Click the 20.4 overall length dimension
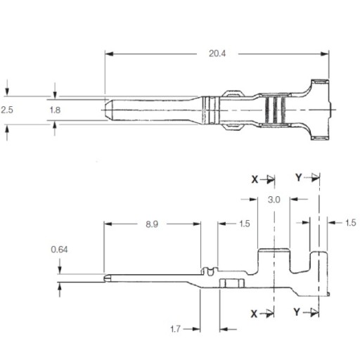click(x=217, y=53)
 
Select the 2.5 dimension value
click(x=7, y=110)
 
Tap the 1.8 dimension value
click(x=55, y=110)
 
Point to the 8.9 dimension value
click(x=152, y=224)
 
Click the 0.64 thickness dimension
click(x=59, y=250)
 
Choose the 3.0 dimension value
click(x=274, y=200)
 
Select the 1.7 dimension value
click(x=175, y=329)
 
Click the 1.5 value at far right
click(x=351, y=223)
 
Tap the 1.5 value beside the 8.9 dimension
click(x=245, y=224)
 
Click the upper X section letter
click(x=255, y=180)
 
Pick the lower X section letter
click(x=254, y=314)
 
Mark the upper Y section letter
click(x=298, y=178)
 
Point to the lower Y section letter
click(x=297, y=312)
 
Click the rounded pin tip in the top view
click(x=108, y=110)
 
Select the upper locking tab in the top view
click(x=233, y=94)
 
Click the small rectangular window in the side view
click(x=232, y=283)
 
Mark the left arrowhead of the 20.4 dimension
click(x=109, y=54)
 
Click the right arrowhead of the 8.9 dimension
click(x=197, y=224)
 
